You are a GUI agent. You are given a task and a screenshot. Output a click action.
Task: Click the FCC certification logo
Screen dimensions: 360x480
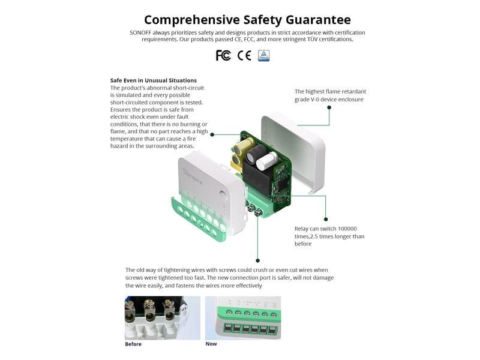(223, 56)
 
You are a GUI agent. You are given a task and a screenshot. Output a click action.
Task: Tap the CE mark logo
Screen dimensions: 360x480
(244, 56)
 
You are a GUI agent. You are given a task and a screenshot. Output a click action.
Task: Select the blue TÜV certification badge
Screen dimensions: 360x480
(263, 56)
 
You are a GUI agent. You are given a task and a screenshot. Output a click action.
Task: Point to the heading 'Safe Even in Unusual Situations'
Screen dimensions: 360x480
(154, 80)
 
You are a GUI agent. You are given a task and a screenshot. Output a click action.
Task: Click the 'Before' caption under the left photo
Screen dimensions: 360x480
(133, 344)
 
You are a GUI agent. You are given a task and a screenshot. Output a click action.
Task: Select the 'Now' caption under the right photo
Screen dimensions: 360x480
(211, 344)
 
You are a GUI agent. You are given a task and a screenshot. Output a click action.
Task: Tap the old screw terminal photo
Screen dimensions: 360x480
(163, 318)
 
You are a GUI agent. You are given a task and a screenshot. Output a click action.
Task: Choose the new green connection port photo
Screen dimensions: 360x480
(242, 317)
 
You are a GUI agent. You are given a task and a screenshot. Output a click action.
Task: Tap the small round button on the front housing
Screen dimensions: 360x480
(223, 194)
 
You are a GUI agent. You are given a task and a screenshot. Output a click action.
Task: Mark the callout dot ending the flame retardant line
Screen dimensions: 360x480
(329, 107)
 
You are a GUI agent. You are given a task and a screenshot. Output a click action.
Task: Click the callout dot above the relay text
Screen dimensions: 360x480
(326, 219)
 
